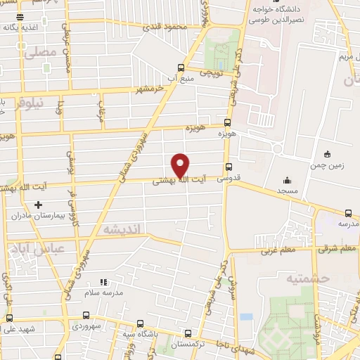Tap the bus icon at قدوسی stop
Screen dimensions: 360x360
[229, 167]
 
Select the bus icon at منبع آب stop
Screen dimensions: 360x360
[181, 68]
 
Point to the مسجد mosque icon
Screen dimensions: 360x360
[286, 180]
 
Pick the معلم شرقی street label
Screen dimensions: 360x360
[337, 249]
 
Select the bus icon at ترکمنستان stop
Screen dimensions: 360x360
[187, 334]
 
